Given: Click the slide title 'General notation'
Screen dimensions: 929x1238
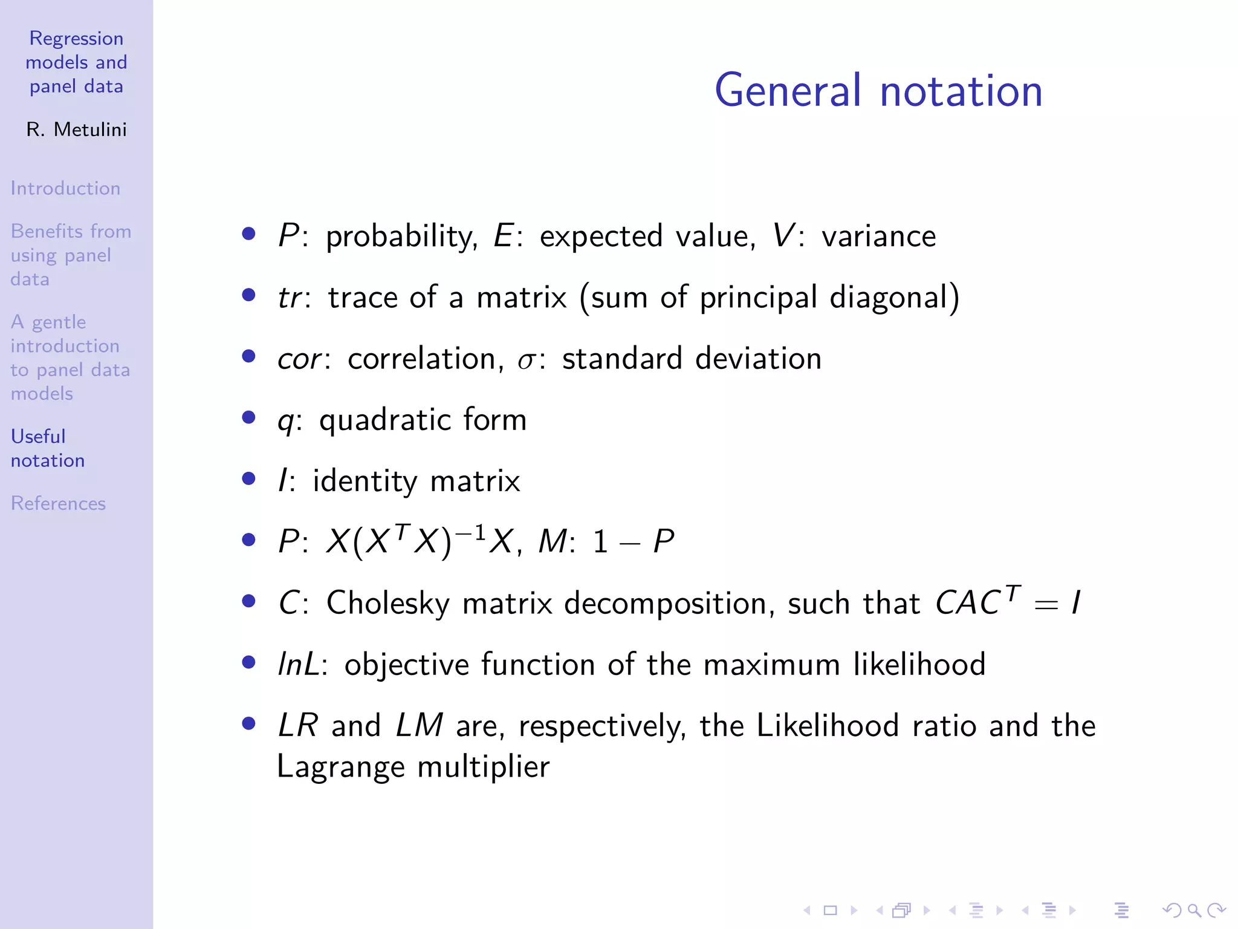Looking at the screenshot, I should coord(878,91).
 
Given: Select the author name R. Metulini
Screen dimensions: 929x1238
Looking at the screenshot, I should coord(76,129).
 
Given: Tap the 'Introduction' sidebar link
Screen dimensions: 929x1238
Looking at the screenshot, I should coord(65,188).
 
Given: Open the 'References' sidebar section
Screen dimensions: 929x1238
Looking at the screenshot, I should coord(58,503).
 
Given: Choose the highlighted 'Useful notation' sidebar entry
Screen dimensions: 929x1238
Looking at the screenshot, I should coord(47,448).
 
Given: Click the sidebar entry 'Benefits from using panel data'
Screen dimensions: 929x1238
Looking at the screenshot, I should coord(70,255).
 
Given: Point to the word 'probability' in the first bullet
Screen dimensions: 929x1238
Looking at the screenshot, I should coord(401,236).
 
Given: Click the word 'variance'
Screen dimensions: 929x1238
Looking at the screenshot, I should coord(878,236).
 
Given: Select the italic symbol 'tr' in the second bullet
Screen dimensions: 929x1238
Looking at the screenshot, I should coord(290,298).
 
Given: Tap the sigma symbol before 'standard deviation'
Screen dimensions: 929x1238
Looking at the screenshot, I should coord(526,360).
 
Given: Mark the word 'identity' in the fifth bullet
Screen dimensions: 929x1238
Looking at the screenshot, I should coord(364,481).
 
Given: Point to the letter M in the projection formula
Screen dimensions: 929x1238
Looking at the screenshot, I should coord(552,541).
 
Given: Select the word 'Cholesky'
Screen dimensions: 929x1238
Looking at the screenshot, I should coord(387,603).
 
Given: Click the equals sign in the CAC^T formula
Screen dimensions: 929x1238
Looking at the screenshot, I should coord(1046,604).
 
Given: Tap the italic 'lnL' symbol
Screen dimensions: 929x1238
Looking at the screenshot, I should coord(298,664).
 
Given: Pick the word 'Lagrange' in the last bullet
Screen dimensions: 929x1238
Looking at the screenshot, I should coord(340,767).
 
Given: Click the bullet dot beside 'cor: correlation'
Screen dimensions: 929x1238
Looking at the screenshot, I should coord(248,356).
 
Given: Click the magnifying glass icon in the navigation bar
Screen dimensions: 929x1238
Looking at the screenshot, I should coord(1194,910).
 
